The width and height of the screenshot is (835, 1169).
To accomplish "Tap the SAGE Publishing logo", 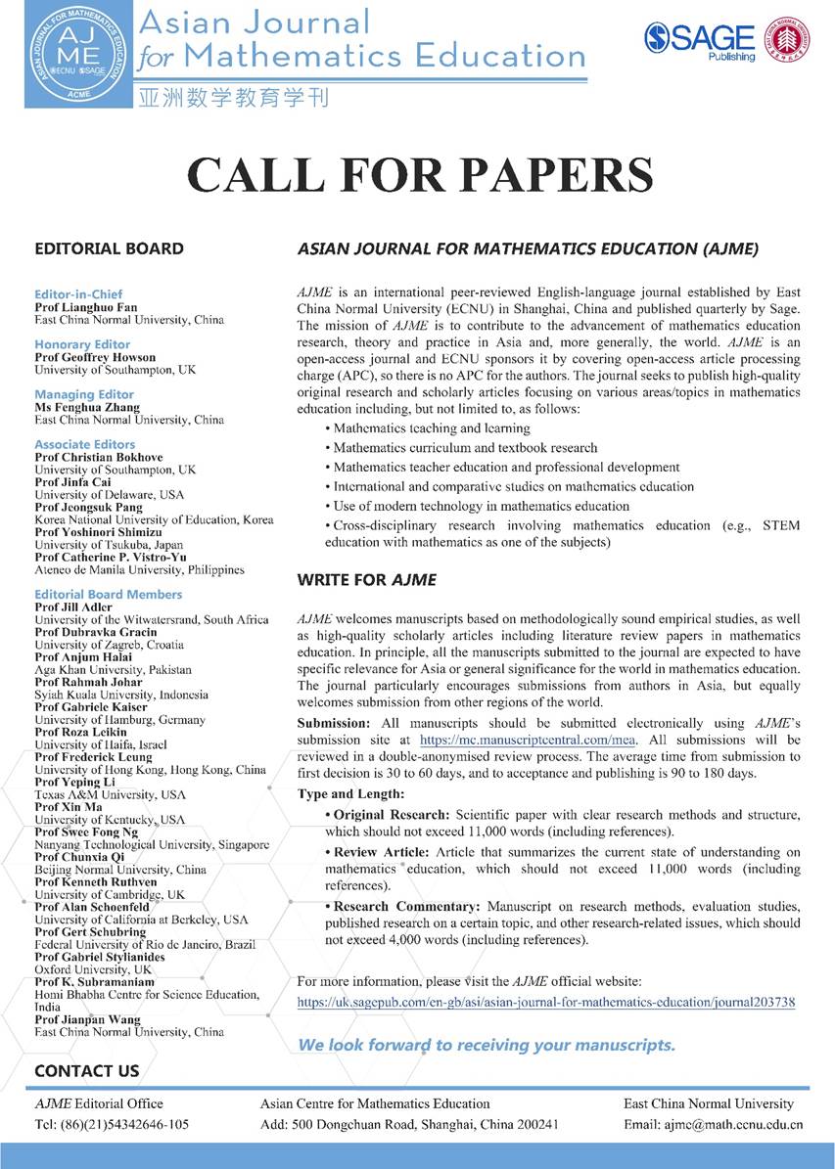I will tap(700, 40).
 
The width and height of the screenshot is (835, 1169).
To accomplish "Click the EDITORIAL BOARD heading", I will tap(109, 248).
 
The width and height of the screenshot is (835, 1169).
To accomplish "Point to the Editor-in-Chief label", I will tap(80, 293).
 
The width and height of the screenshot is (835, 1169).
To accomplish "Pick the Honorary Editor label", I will tap(82, 344).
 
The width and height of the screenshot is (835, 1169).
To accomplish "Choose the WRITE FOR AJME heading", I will tap(366, 580).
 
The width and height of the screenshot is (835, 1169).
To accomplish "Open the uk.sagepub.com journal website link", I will tap(546, 1002).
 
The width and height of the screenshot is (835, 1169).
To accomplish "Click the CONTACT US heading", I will tap(87, 1071).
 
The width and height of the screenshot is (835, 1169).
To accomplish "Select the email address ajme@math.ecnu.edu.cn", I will tap(713, 1124).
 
